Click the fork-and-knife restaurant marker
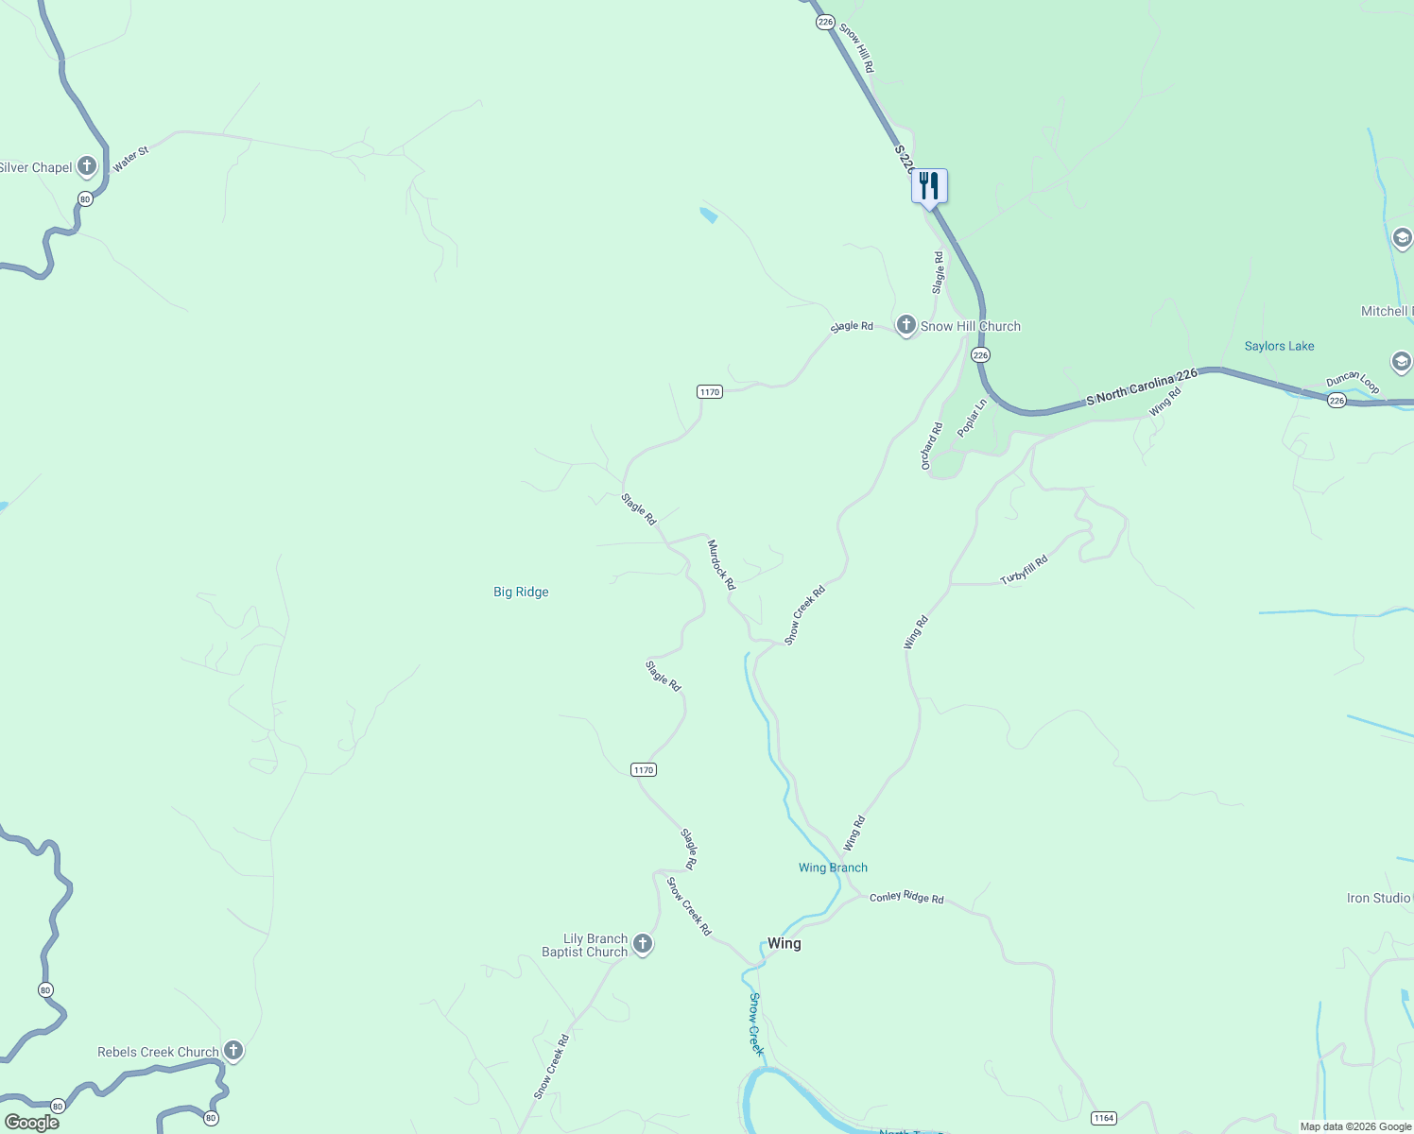[929, 185]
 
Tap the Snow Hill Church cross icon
[905, 326]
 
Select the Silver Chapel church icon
[87, 167]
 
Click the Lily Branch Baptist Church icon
[643, 944]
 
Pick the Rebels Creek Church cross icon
[233, 1051]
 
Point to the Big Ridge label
[521, 592]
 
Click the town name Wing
[784, 943]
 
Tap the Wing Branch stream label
[833, 868]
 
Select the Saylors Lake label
[1279, 346]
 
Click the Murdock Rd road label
[721, 564]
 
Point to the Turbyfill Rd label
[1025, 570]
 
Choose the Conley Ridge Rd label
[906, 897]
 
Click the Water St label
[130, 159]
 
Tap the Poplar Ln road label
[972, 418]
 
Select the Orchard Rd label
[932, 446]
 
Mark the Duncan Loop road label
[1353, 382]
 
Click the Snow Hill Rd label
[856, 47]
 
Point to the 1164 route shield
[1103, 1118]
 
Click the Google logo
[32, 1122]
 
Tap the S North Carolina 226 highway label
[1142, 387]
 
